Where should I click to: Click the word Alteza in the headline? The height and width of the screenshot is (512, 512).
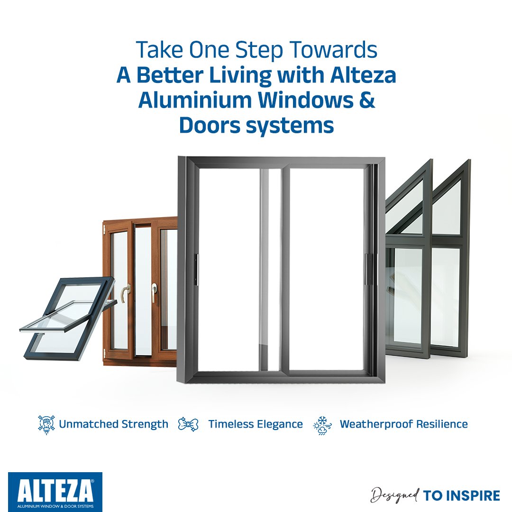pyautogui.click(x=363, y=75)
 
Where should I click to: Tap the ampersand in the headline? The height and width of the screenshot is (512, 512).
pyautogui.click(x=367, y=100)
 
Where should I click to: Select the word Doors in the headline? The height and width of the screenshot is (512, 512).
pyautogui.click(x=210, y=125)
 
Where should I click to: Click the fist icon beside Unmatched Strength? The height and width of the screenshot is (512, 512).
pyautogui.click(x=46, y=424)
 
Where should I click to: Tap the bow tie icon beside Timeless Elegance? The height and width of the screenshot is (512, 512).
pyautogui.click(x=188, y=424)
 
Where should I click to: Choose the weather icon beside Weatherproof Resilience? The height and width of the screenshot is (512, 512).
pyautogui.click(x=322, y=425)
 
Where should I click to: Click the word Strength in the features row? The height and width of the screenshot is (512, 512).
pyautogui.click(x=145, y=424)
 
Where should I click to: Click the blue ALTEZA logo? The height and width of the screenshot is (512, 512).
pyautogui.click(x=55, y=492)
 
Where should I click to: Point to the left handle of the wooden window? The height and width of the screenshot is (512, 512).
pyautogui.click(x=125, y=293)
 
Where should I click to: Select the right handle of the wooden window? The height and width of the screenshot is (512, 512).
pyautogui.click(x=154, y=291)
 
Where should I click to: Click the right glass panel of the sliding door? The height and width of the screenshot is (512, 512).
pyautogui.click(x=327, y=269)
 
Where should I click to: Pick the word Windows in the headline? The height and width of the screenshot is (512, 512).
pyautogui.click(x=306, y=100)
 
